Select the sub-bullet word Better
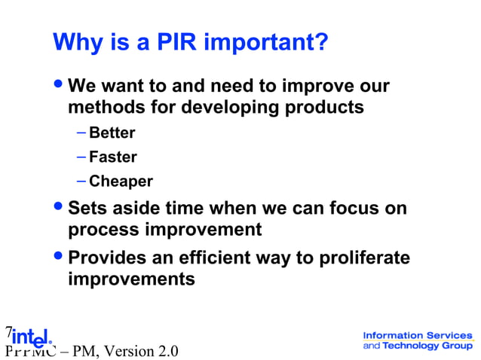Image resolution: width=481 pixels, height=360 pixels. point(112,133)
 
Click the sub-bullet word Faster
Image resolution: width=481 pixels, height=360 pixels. point(113,157)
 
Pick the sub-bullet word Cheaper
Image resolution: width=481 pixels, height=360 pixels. point(121,182)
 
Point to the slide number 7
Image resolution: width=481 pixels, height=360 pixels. point(8,331)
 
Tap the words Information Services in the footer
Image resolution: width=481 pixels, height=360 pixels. point(418,335)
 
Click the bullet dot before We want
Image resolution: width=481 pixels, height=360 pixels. point(60,85)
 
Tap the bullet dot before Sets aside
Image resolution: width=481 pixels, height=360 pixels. point(60,207)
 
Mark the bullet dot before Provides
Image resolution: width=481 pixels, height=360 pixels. point(60,258)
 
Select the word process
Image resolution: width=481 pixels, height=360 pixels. point(102,229)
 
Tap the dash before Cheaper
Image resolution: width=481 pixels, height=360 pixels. point(81,182)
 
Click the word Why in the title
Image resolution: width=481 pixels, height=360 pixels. point(75,42)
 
